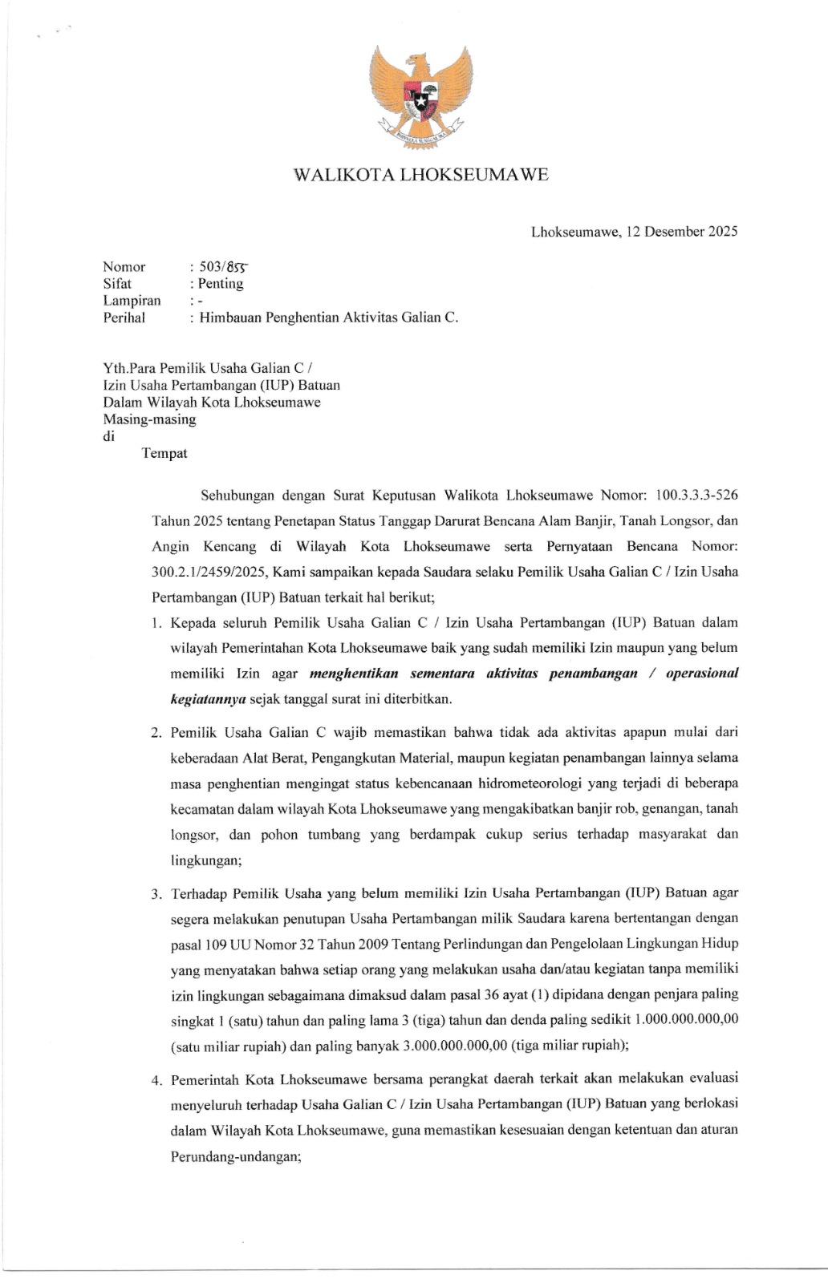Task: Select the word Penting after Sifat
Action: [x=221, y=283]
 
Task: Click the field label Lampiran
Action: [x=132, y=301]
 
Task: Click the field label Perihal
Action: [x=124, y=318]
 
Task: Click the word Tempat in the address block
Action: [x=164, y=453]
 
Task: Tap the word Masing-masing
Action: [x=149, y=419]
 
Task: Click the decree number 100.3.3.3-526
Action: [x=696, y=495]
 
